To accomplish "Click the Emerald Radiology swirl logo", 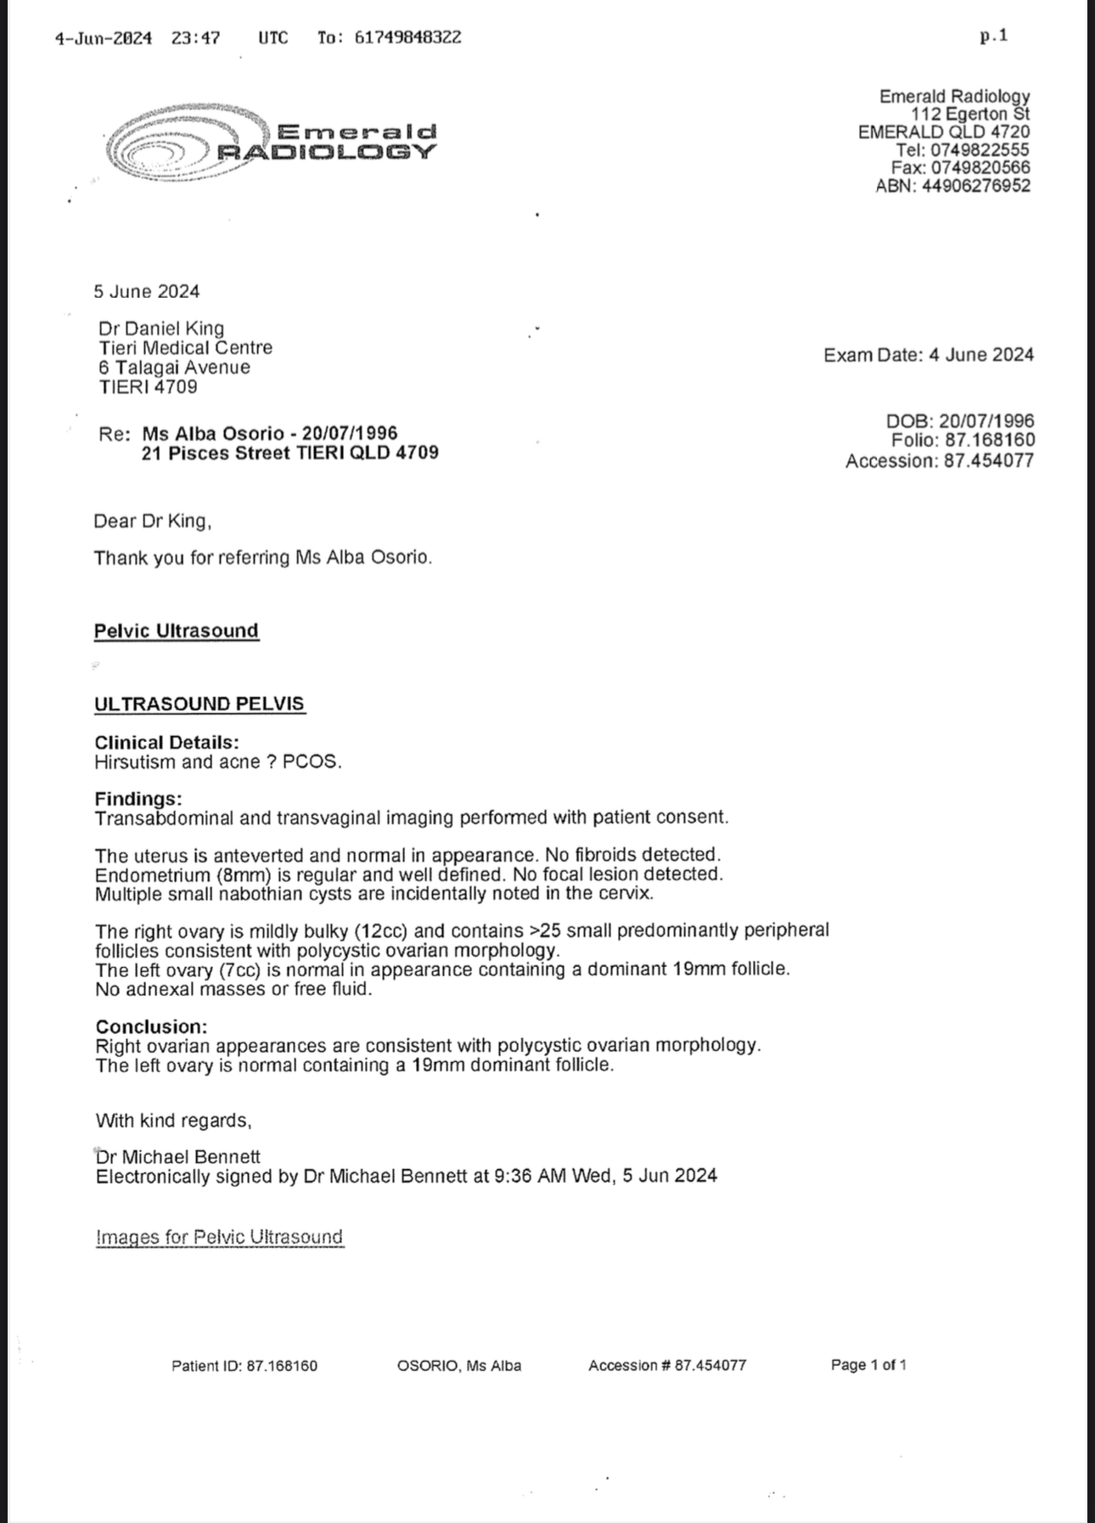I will tap(187, 142).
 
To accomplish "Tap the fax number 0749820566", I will tap(980, 168).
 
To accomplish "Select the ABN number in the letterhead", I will tap(976, 186).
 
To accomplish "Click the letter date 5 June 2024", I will tap(147, 291).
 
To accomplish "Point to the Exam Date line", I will tap(929, 355).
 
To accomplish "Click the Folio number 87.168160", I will tap(989, 440).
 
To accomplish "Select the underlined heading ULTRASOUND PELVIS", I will tap(199, 704).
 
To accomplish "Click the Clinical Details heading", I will tap(166, 742).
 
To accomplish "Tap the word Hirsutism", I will tap(135, 761).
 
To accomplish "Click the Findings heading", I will tap(138, 799).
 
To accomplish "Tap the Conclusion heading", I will tap(151, 1026).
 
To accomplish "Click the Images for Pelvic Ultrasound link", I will tap(220, 1237).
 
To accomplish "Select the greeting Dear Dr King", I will tap(153, 521).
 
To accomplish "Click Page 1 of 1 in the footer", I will tap(868, 1365).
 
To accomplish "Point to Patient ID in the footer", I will tap(244, 1366).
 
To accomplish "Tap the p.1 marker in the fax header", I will tap(993, 36).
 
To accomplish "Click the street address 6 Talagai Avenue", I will tap(174, 368).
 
